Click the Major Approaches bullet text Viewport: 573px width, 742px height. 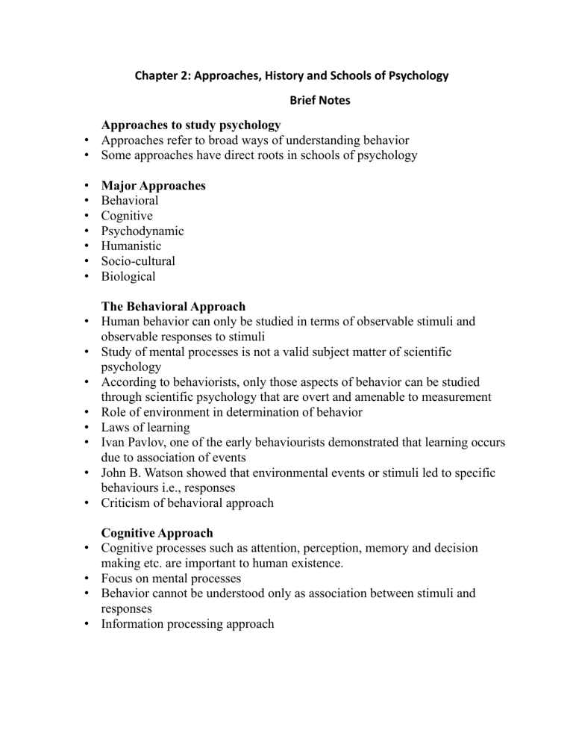(153, 185)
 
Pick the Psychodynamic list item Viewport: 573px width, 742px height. (143, 231)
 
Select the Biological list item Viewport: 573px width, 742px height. (128, 276)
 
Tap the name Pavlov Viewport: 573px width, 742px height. (145, 442)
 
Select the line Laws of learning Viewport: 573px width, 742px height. (147, 427)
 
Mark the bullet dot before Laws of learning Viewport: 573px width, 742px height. (88, 427)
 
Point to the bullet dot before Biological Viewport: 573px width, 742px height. (88, 276)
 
